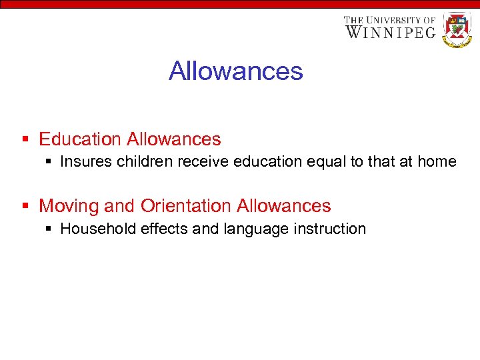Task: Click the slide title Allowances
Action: (236, 71)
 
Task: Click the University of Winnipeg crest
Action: (457, 29)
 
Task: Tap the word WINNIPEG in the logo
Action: (390, 32)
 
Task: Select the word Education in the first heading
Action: (80, 139)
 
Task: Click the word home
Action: (439, 161)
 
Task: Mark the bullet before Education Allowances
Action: (25, 139)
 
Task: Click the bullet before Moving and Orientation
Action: (25, 206)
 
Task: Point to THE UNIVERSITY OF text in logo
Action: (390, 20)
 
